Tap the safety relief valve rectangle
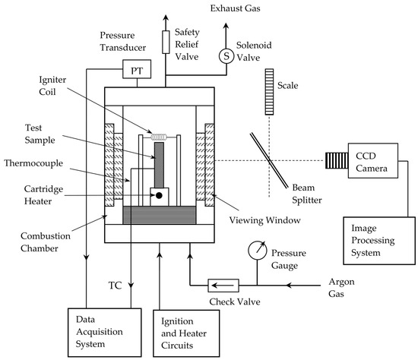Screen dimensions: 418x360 (166, 42)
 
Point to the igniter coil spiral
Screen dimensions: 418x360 (159, 137)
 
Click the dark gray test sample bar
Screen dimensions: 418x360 (159, 165)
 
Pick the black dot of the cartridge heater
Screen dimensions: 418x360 (159, 196)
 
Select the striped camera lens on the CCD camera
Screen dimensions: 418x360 (337, 161)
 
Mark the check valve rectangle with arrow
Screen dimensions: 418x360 (223, 286)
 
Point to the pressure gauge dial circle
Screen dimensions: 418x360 (257, 250)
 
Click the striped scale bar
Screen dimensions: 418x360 (269, 92)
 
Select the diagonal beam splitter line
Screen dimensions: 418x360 (269, 161)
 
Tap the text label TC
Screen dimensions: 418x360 (115, 286)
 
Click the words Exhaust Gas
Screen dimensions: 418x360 (235, 8)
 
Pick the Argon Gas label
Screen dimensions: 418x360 (341, 288)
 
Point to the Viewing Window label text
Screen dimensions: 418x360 (264, 220)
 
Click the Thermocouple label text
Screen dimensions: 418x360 (33, 163)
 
